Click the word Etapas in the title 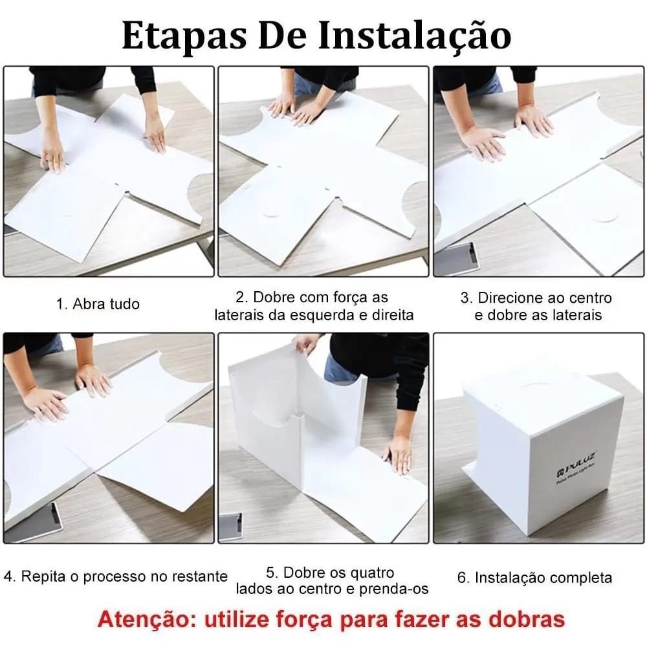[x=184, y=36]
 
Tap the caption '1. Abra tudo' [x=98, y=304]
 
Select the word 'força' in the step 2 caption [x=344, y=298]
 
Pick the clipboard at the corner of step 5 [x=230, y=527]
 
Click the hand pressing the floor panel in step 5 [x=397, y=454]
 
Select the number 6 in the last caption [x=461, y=577]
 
